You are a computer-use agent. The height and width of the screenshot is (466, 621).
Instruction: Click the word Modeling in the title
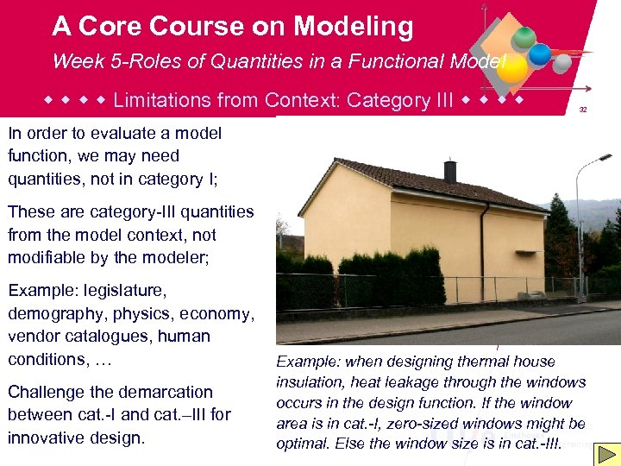(353, 27)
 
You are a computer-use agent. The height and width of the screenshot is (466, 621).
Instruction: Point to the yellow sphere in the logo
(511, 68)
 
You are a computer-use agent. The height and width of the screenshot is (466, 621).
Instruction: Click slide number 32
(583, 110)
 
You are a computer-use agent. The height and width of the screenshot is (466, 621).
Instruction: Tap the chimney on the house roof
(449, 171)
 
